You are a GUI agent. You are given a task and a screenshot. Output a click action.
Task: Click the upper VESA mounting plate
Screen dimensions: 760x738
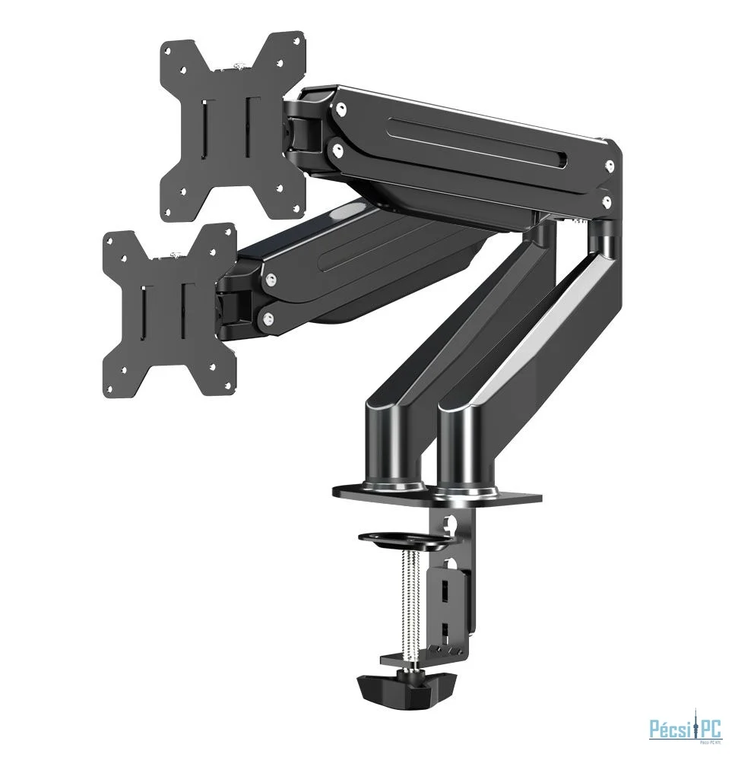[x=232, y=125]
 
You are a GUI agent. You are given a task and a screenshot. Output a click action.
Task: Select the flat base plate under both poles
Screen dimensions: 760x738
[x=438, y=495]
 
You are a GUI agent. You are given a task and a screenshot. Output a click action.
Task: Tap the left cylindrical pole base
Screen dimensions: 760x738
[x=394, y=448]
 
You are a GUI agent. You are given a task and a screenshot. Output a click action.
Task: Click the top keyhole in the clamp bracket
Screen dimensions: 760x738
[x=455, y=525]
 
